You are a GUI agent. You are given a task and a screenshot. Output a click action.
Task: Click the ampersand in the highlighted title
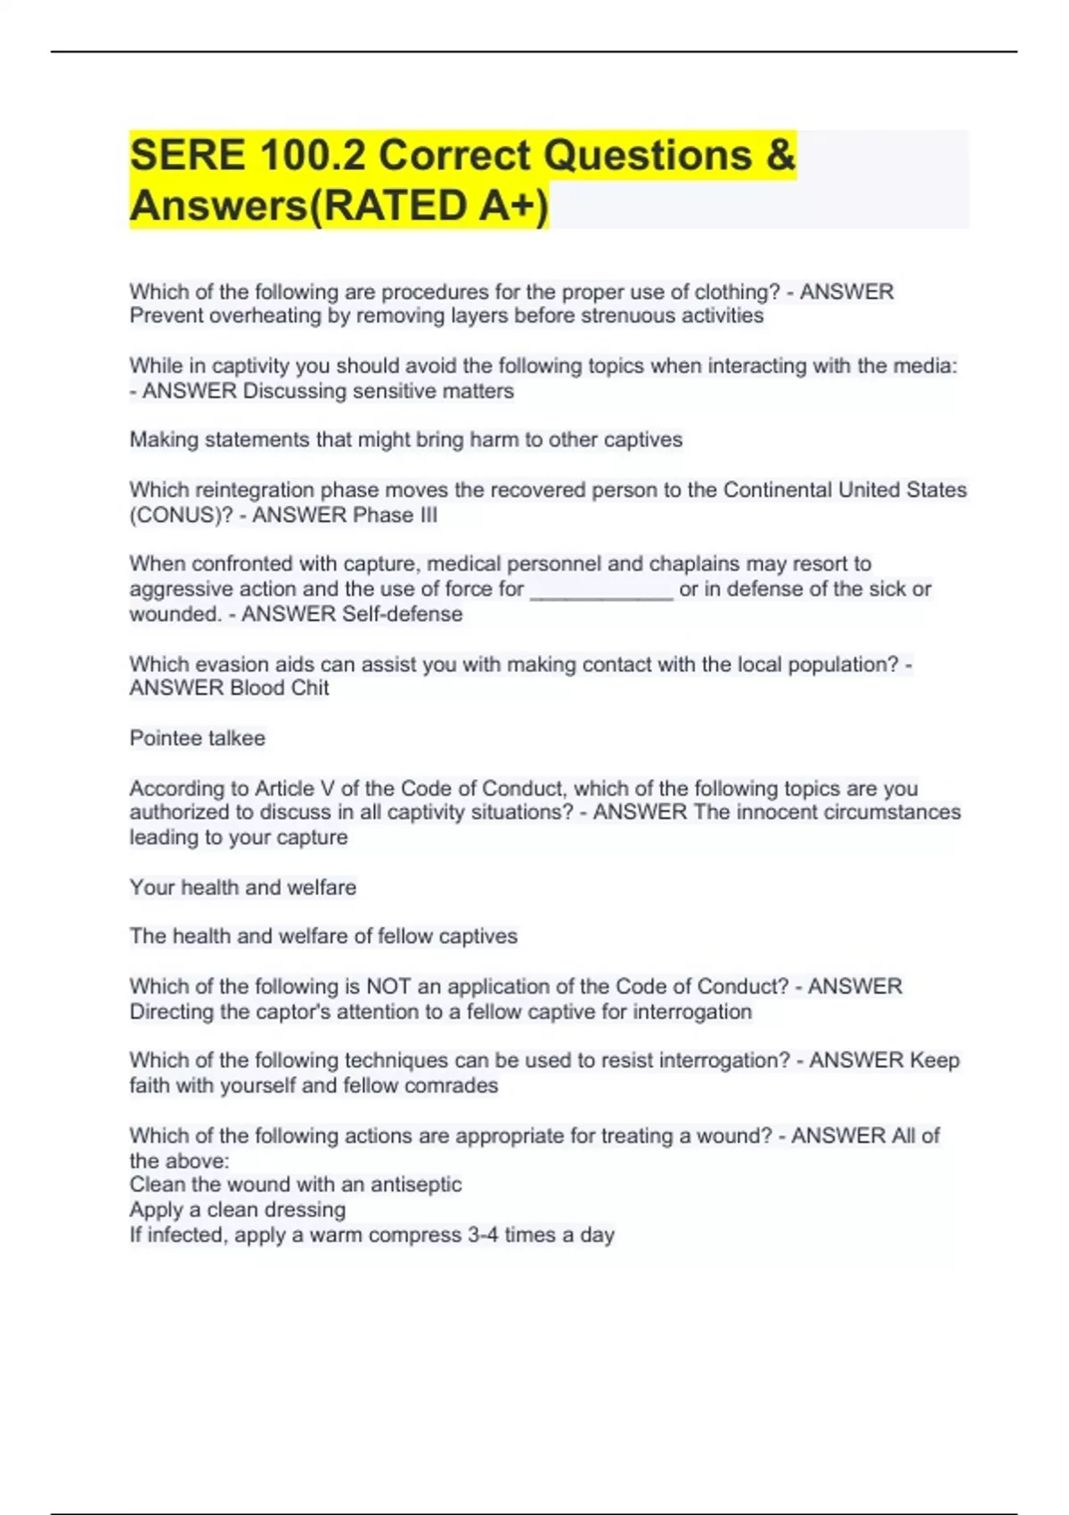click(x=779, y=155)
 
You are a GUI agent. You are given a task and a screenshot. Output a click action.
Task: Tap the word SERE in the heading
click(x=187, y=155)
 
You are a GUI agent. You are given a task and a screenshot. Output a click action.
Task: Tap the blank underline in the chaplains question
click(x=601, y=590)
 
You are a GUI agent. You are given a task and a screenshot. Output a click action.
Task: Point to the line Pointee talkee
click(x=198, y=739)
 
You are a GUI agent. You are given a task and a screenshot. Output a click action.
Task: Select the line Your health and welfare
click(x=243, y=888)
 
